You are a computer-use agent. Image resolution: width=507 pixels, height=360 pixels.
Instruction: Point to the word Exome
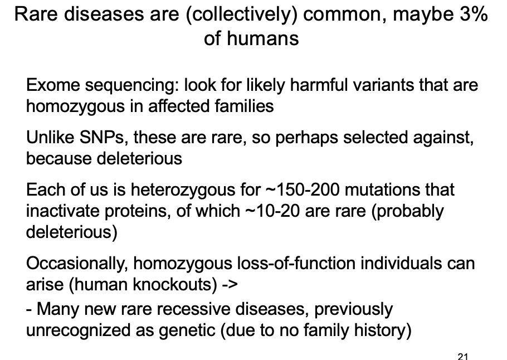click(x=50, y=86)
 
